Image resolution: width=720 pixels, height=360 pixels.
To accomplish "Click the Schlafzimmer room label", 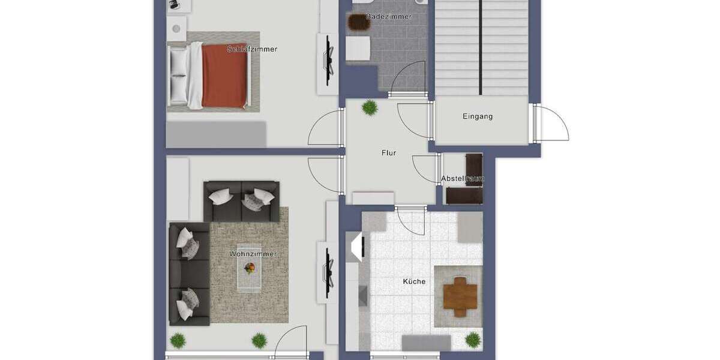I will tap(253, 49).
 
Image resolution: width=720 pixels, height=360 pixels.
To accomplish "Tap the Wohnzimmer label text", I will tap(253, 254).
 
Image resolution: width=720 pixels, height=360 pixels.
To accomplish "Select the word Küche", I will tap(414, 281).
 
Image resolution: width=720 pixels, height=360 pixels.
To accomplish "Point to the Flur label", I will tap(389, 153).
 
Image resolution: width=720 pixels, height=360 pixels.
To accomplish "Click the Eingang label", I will tap(478, 116).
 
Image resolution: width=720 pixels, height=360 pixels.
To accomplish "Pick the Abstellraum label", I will tap(463, 179).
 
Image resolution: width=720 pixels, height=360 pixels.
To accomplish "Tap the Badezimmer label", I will tap(389, 17).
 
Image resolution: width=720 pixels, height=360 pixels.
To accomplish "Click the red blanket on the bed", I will tap(224, 76).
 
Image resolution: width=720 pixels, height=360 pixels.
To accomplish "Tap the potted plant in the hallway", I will tap(370, 108).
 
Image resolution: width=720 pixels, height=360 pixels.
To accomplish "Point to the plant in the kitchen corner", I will tap(473, 339).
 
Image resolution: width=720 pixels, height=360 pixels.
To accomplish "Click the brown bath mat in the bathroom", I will tap(359, 22).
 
